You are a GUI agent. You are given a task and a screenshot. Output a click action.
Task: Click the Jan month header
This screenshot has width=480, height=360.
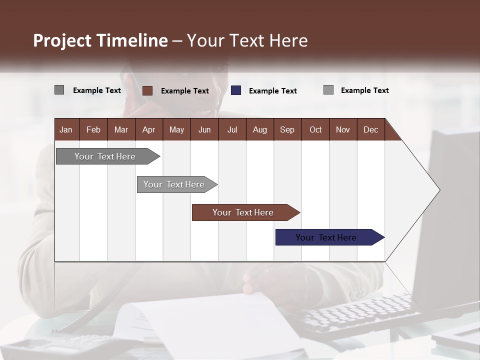click(x=66, y=129)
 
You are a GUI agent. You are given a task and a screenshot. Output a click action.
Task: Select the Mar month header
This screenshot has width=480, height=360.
click(x=121, y=129)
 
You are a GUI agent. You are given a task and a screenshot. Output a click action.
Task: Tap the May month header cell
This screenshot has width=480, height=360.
click(x=176, y=129)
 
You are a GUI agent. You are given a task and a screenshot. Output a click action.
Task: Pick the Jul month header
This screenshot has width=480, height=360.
click(x=232, y=129)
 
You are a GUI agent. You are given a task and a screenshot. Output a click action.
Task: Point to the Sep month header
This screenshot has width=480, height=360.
click(x=287, y=129)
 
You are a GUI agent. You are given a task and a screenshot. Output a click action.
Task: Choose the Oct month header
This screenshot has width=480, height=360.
click(x=315, y=129)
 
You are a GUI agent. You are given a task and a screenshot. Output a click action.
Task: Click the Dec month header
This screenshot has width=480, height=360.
click(x=370, y=129)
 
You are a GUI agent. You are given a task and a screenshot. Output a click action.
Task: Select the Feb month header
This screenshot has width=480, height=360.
click(x=93, y=129)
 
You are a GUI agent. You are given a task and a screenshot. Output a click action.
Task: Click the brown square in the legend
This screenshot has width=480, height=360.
click(x=147, y=90)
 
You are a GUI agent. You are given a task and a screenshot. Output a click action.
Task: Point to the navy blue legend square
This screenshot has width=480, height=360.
click(x=236, y=90)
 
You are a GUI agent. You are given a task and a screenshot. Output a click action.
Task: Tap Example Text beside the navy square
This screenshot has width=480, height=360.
click(x=272, y=91)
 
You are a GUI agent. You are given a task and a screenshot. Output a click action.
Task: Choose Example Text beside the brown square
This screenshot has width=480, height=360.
click(x=184, y=91)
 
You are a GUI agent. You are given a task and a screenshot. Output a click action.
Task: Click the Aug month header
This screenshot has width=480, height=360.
click(x=259, y=129)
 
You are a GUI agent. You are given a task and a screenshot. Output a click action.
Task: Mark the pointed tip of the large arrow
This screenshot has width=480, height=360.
click(x=439, y=189)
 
